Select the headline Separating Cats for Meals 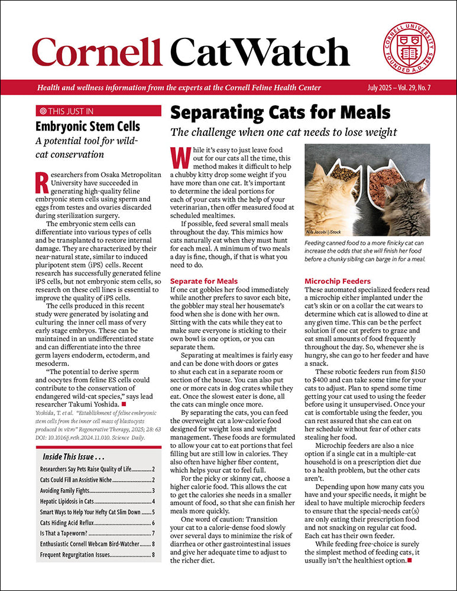pyautogui.click(x=280, y=112)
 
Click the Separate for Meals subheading pyautogui.click(x=203, y=281)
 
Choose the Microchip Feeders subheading pyautogui.click(x=338, y=281)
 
